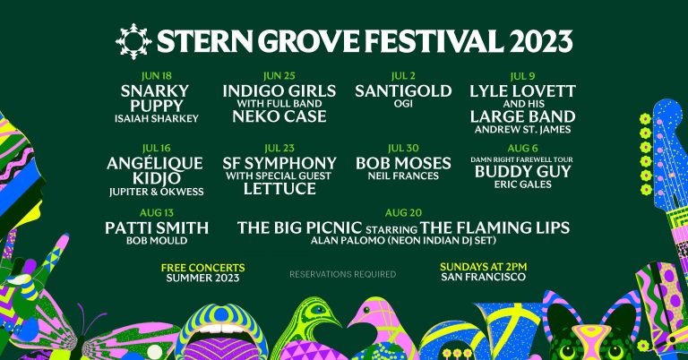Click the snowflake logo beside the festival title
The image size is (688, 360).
click(133, 40)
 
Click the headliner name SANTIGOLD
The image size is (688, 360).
click(394, 91)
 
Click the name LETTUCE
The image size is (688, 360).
click(280, 188)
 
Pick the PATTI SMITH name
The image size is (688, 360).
click(157, 227)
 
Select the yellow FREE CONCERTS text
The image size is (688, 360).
click(202, 267)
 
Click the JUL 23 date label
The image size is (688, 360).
click(280, 148)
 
